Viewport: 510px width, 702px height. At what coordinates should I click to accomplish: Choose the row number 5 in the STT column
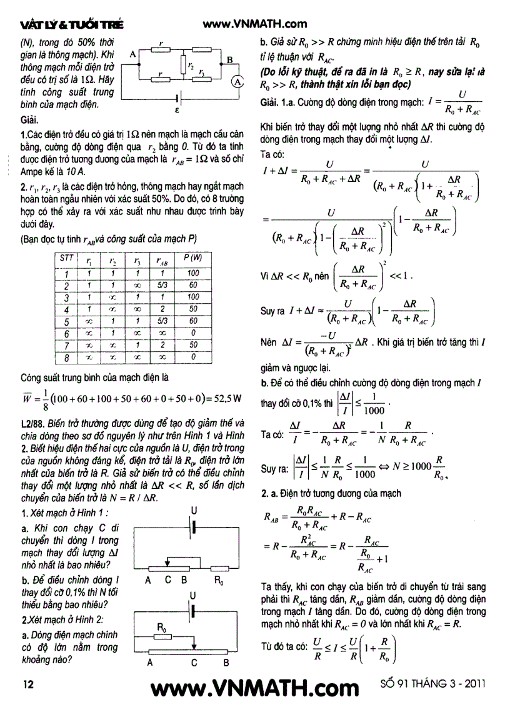pyautogui.click(x=66, y=321)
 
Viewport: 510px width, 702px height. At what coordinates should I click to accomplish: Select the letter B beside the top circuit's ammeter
pyautogui.click(x=229, y=61)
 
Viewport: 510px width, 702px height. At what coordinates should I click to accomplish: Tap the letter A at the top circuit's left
pyautogui.click(x=132, y=55)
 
